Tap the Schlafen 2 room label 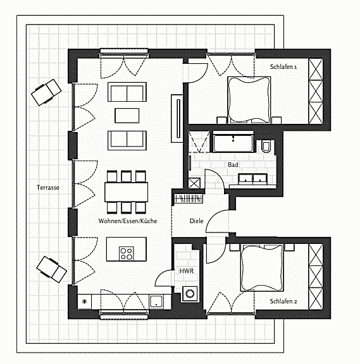(284, 301)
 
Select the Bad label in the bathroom (233, 164)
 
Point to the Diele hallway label (196, 221)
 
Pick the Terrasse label (47, 188)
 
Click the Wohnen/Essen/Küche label (128, 221)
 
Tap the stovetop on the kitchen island (126, 253)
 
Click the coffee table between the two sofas (127, 115)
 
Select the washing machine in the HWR (189, 293)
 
